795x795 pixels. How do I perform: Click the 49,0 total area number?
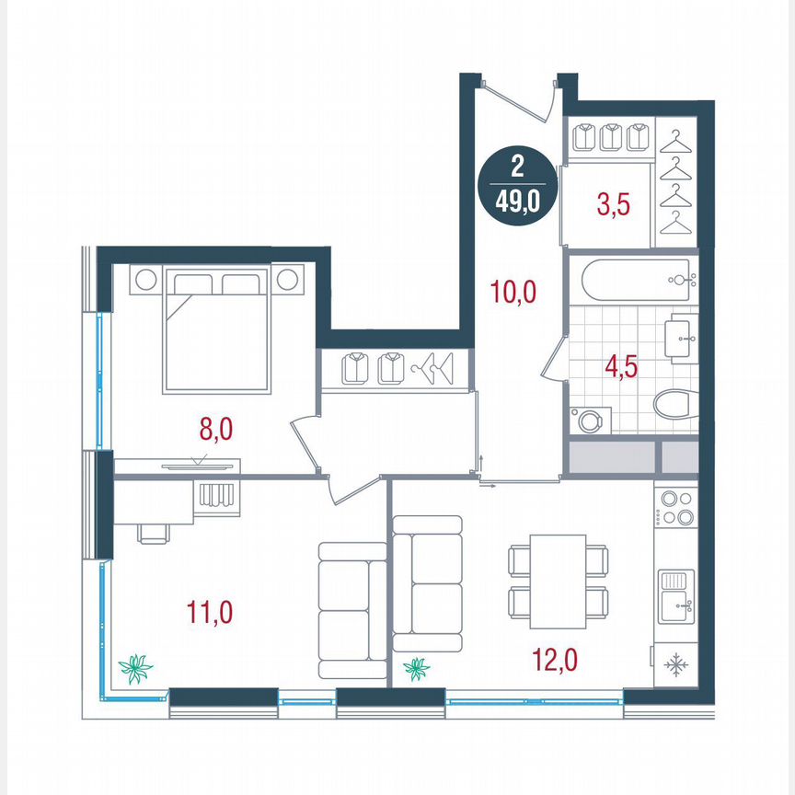point(517,198)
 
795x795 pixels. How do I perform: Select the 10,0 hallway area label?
point(513,294)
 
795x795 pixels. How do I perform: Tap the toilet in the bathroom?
point(675,405)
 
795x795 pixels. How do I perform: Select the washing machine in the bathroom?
point(588,420)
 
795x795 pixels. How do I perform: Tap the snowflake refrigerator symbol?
point(675,663)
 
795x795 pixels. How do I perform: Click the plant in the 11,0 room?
point(136,668)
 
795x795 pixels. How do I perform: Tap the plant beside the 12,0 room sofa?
point(417,668)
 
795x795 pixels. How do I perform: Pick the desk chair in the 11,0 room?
point(155,533)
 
